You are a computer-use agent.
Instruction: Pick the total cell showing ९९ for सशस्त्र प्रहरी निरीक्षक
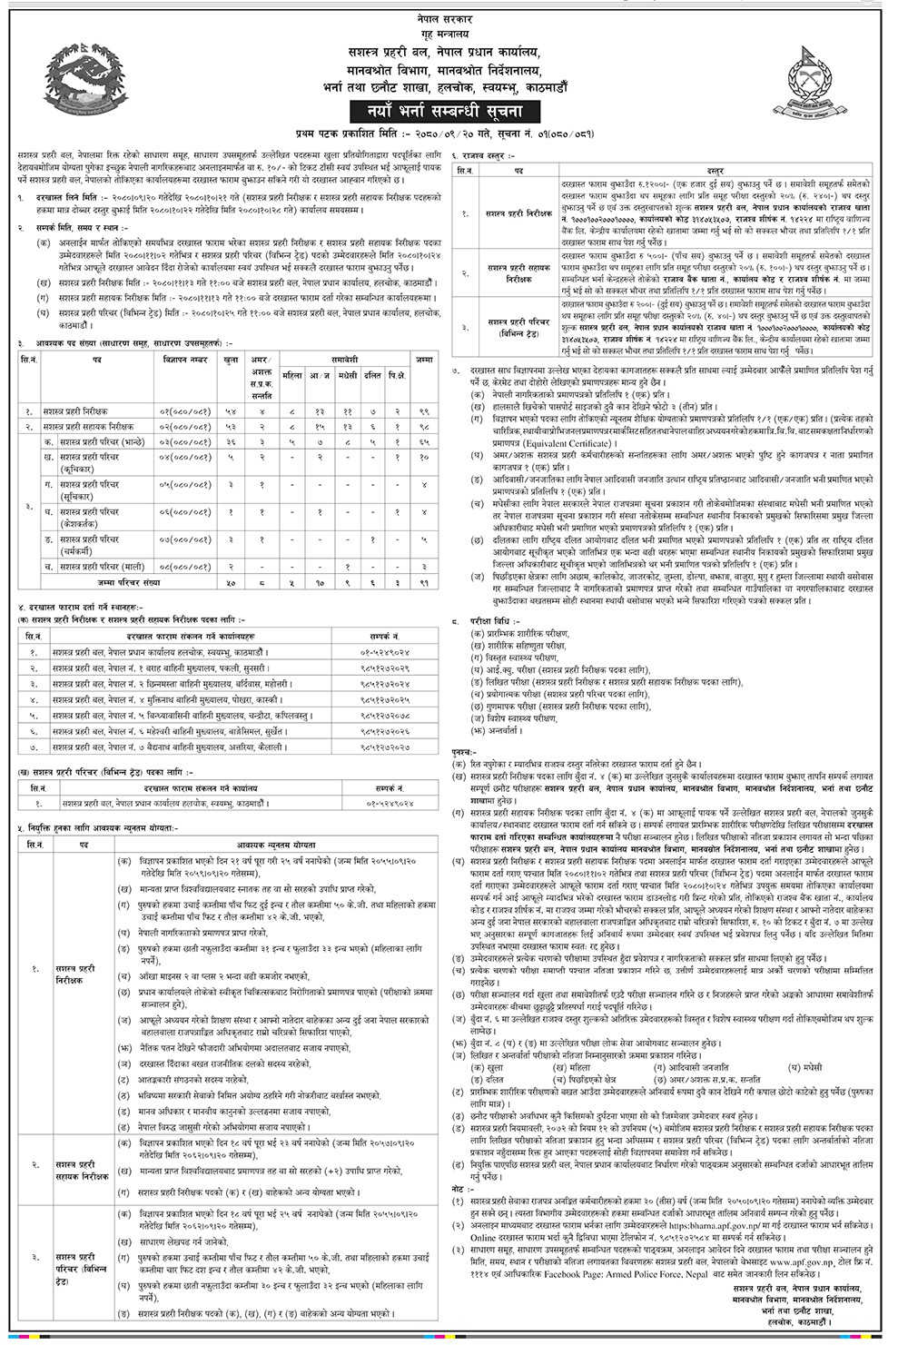424,411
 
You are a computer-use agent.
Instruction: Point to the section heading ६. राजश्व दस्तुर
490,159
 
